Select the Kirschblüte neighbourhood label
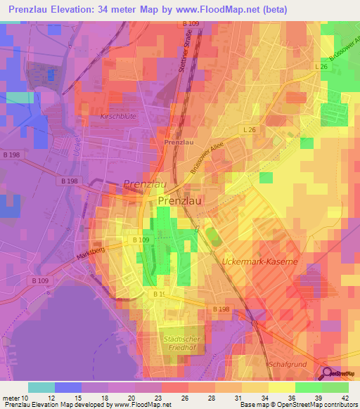[118, 116]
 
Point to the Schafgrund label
[287, 365]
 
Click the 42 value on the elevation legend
[347, 397]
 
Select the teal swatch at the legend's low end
[41, 387]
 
